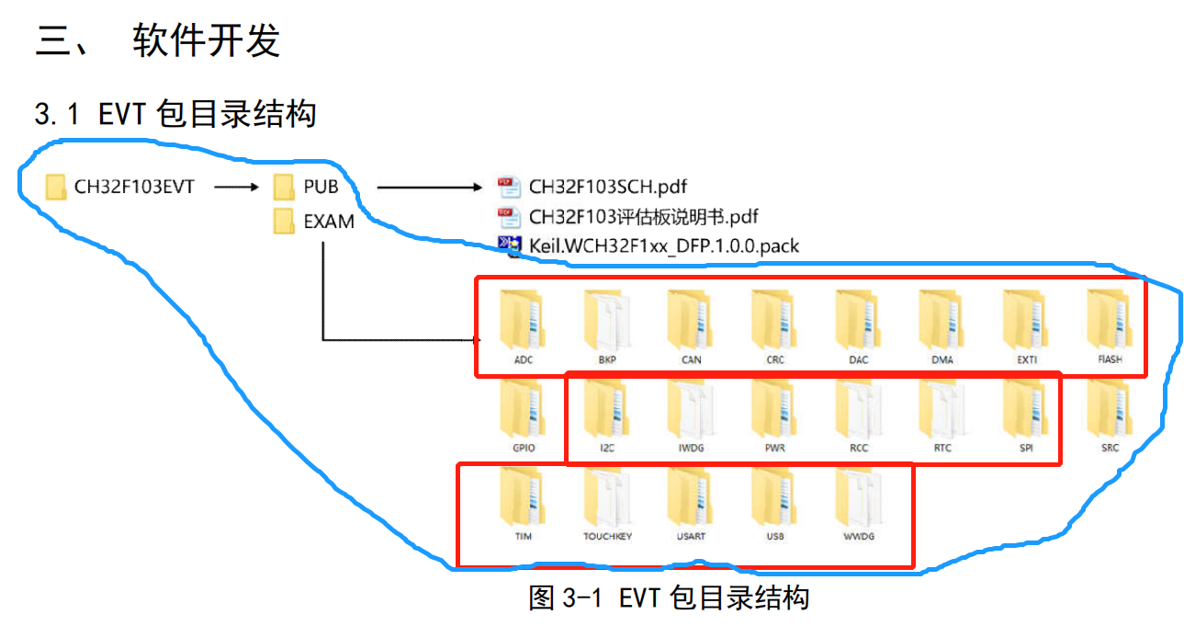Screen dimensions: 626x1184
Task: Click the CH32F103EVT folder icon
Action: pos(57,188)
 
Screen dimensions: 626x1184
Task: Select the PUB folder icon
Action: pos(284,188)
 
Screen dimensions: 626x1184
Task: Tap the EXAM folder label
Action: pos(329,222)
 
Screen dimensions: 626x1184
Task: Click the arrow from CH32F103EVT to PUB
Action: pos(236,188)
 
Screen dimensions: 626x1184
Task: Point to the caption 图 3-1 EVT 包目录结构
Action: pos(668,598)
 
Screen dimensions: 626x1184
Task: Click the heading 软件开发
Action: pos(206,41)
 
